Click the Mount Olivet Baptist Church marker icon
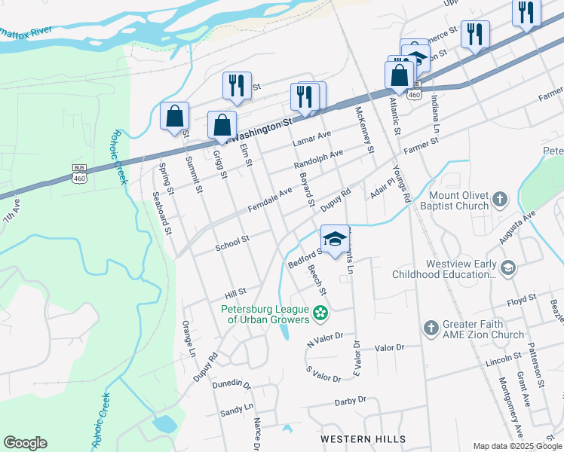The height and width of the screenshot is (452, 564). click(499, 200)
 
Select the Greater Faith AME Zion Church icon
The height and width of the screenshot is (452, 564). click(431, 328)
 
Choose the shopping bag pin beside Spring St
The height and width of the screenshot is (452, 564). click(175, 118)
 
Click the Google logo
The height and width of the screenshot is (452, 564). click(25, 443)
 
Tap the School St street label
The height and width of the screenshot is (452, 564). click(232, 243)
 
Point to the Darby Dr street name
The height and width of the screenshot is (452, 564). click(351, 400)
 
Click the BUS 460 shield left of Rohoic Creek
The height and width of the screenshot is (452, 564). click(80, 174)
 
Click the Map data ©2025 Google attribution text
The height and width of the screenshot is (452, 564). click(516, 446)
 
